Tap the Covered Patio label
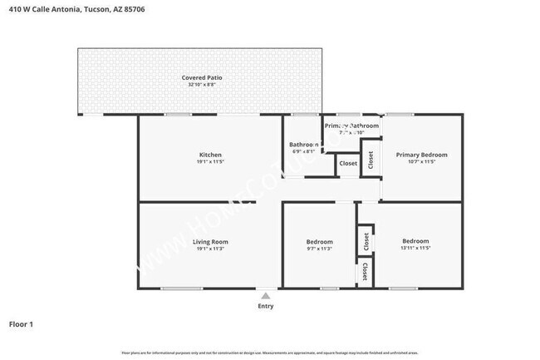coord(202,77)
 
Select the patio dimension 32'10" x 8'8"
coord(202,85)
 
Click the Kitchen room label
coord(210,155)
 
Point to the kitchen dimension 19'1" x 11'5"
coord(210,162)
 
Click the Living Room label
coord(210,241)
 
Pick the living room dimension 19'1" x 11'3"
coord(210,249)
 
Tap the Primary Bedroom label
coord(421,155)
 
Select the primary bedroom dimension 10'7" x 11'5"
coord(421,162)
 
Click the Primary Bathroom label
coord(351,126)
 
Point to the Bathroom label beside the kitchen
coord(303,144)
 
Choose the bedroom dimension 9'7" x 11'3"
coord(320,249)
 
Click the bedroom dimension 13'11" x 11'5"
coord(415,249)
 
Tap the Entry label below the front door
coord(265,307)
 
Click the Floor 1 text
coord(21,324)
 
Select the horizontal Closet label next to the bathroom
coord(348,164)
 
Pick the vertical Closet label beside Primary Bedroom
coord(371,160)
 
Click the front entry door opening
coord(265,289)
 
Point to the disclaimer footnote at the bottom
coord(269,352)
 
